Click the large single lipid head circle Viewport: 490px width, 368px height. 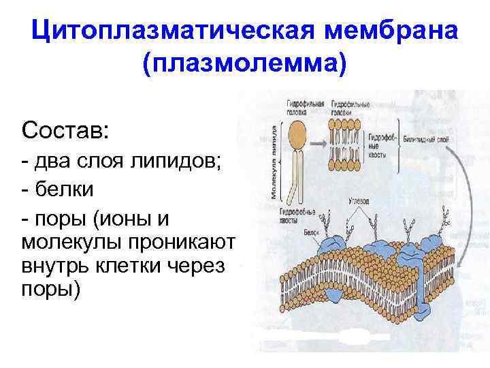click(298, 131)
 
